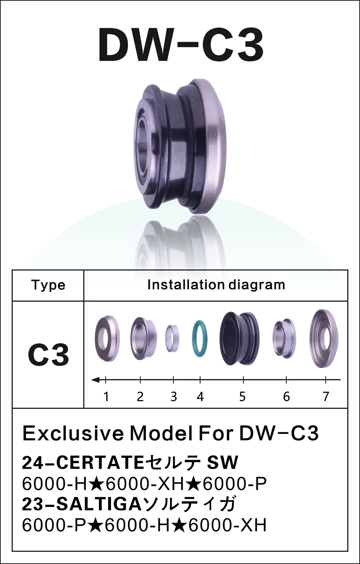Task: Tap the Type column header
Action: pos(48,285)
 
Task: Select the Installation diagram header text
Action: pos(216,285)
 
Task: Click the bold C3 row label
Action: pos(48,355)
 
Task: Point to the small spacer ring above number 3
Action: pos(173,338)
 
